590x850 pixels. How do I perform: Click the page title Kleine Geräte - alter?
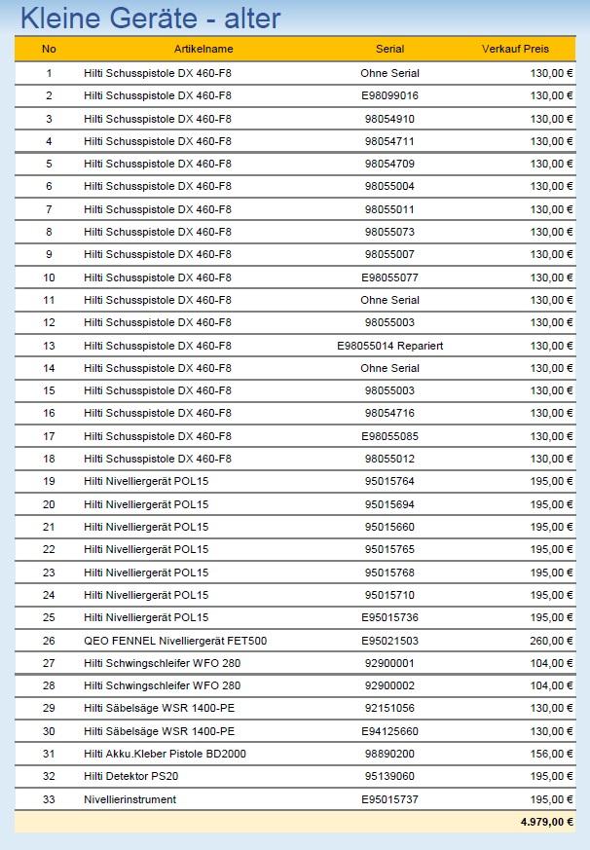(150, 18)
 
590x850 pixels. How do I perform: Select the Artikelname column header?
(203, 49)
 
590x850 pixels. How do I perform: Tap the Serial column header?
(389, 49)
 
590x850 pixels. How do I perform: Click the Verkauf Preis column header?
(515, 49)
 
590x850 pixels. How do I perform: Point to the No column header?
(49, 49)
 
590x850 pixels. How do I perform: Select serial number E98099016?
(389, 95)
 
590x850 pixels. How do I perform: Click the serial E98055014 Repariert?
(389, 346)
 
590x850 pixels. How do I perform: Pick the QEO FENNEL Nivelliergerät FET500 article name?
(175, 641)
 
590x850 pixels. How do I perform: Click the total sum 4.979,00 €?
(546, 822)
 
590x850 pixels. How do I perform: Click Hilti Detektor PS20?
(131, 776)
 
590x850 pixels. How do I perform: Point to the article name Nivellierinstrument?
(130, 799)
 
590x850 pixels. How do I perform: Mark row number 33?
(49, 799)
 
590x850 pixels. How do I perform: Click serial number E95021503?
(389, 641)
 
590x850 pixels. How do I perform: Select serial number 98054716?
(389, 414)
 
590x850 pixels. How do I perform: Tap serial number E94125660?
(389, 731)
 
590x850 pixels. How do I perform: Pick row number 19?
(49, 482)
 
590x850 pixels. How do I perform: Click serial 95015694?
(389, 504)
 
